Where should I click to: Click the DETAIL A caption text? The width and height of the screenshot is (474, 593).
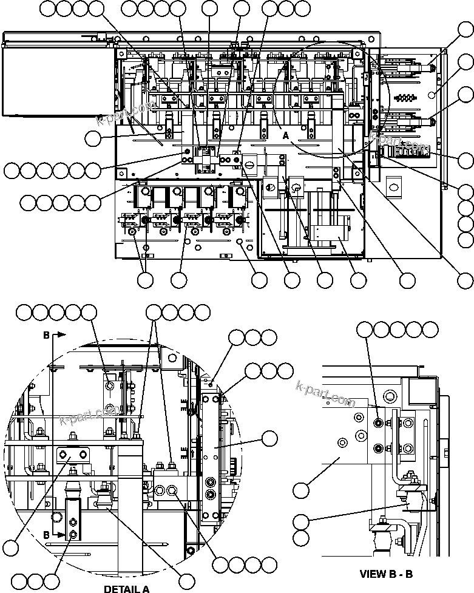(126, 588)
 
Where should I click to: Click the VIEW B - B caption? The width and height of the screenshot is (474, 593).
(386, 574)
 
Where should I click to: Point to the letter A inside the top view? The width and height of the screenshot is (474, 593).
(285, 137)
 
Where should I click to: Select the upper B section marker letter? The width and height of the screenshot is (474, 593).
(46, 334)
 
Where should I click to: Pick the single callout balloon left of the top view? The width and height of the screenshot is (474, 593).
(93, 138)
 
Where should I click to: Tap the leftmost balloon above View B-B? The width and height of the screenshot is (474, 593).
(365, 330)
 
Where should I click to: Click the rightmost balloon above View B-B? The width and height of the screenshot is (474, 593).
(430, 330)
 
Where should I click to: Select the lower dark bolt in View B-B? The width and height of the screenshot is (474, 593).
(379, 448)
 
